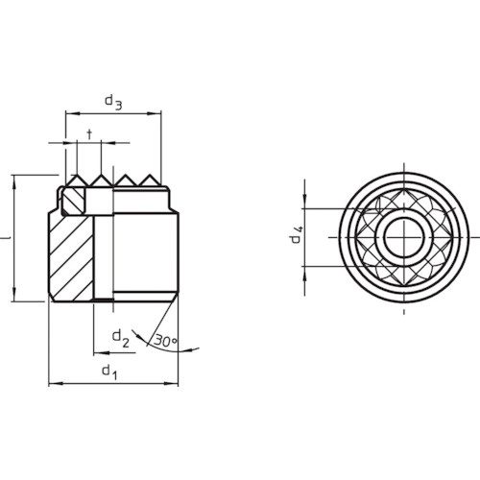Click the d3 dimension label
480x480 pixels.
point(113,102)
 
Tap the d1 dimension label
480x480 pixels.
point(109,372)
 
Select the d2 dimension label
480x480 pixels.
point(121,339)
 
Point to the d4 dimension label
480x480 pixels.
point(297,234)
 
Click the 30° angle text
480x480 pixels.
point(165,341)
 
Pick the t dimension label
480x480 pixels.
point(89,134)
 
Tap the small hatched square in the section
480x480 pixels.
point(73,201)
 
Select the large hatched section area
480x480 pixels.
point(72,257)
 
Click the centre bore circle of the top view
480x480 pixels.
point(404,237)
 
